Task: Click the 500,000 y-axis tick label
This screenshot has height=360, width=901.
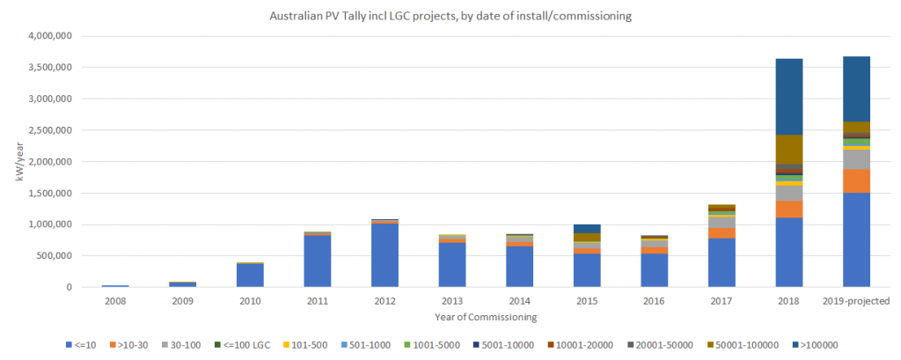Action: pyautogui.click(x=74, y=256)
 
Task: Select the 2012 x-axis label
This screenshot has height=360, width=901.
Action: pyautogui.click(x=383, y=301)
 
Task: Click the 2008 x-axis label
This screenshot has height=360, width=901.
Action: pyautogui.click(x=114, y=301)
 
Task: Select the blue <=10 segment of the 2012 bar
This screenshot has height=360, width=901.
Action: pyautogui.click(x=383, y=255)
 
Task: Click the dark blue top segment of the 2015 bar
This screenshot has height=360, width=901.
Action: pyautogui.click(x=586, y=229)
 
